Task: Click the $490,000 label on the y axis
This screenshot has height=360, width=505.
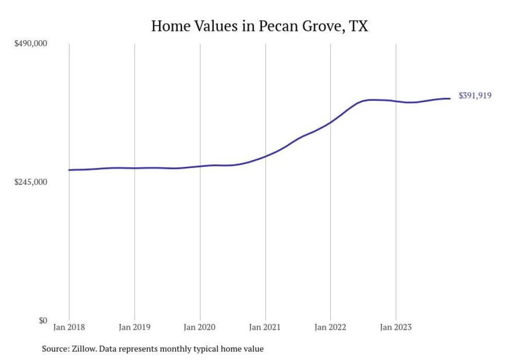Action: click(x=30, y=43)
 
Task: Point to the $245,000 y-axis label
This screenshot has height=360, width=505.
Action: click(x=30, y=182)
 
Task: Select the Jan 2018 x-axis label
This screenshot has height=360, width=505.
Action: click(x=69, y=327)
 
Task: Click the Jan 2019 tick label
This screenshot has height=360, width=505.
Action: click(x=134, y=327)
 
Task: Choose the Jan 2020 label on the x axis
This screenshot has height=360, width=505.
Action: click(x=200, y=327)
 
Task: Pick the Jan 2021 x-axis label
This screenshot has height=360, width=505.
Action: click(x=265, y=327)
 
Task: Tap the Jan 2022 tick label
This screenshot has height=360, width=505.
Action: click(x=330, y=327)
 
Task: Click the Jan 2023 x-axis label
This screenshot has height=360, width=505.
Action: click(x=396, y=327)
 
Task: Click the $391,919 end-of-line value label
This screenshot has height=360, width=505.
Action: click(x=475, y=95)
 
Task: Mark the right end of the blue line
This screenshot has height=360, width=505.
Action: click(x=450, y=98)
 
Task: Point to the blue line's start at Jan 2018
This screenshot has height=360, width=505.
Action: click(x=69, y=170)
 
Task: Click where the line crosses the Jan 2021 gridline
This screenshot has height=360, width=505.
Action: click(x=265, y=156)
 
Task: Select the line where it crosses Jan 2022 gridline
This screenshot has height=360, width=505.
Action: click(x=330, y=122)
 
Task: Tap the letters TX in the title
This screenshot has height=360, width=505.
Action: click(x=359, y=26)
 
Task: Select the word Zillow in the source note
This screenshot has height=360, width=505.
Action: click(x=86, y=349)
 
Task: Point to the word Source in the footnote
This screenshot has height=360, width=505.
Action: click(x=56, y=349)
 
